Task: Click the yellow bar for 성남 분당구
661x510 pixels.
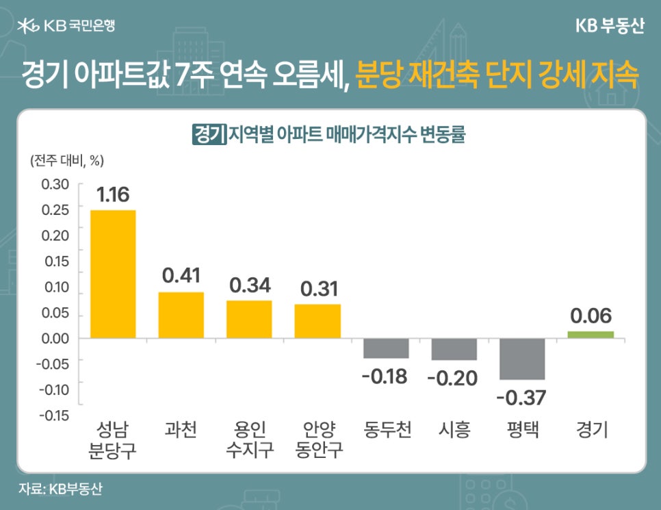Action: click(113, 274)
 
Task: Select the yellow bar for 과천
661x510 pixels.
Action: click(181, 315)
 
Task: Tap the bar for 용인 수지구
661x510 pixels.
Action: click(249, 319)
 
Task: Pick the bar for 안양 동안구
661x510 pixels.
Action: click(317, 321)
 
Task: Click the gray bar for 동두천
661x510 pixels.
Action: click(386, 348)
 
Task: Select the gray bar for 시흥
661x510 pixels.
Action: click(454, 349)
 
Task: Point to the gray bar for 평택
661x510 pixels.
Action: click(522, 359)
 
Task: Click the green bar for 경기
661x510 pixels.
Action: click(591, 334)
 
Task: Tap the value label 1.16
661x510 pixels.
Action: click(113, 194)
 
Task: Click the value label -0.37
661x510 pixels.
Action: click(522, 396)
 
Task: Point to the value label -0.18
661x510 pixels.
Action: click(386, 376)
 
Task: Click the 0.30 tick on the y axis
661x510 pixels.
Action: click(55, 184)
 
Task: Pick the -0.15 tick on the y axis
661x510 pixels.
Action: click(53, 416)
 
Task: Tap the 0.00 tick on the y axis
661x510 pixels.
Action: click(55, 338)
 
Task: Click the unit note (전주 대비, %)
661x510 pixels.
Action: click(66, 161)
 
